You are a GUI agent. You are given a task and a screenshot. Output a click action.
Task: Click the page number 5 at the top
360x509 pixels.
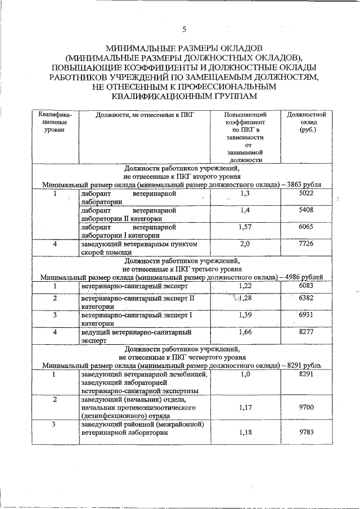click(x=184, y=29)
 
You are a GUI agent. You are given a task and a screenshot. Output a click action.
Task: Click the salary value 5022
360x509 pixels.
click(x=307, y=193)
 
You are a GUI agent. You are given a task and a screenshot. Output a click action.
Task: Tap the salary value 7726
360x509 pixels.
click(x=307, y=244)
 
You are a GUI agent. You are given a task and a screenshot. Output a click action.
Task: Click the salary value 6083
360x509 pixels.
click(x=307, y=286)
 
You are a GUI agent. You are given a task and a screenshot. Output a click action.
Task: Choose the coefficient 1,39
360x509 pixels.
click(x=244, y=316)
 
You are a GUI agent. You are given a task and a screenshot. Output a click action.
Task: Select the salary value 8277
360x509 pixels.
click(x=307, y=332)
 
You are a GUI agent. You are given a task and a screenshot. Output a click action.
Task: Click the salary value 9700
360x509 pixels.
click(x=307, y=406)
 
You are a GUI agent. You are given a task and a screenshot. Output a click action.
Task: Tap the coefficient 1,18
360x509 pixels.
click(x=244, y=431)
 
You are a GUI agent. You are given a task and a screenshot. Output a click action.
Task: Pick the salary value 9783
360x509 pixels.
click(x=307, y=431)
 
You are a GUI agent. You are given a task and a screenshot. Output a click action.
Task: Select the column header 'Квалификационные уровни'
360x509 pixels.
click(x=55, y=122)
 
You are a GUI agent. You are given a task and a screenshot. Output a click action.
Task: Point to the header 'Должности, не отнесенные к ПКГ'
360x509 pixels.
click(x=145, y=115)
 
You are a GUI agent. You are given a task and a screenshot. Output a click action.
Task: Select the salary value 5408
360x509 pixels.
click(x=307, y=210)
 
